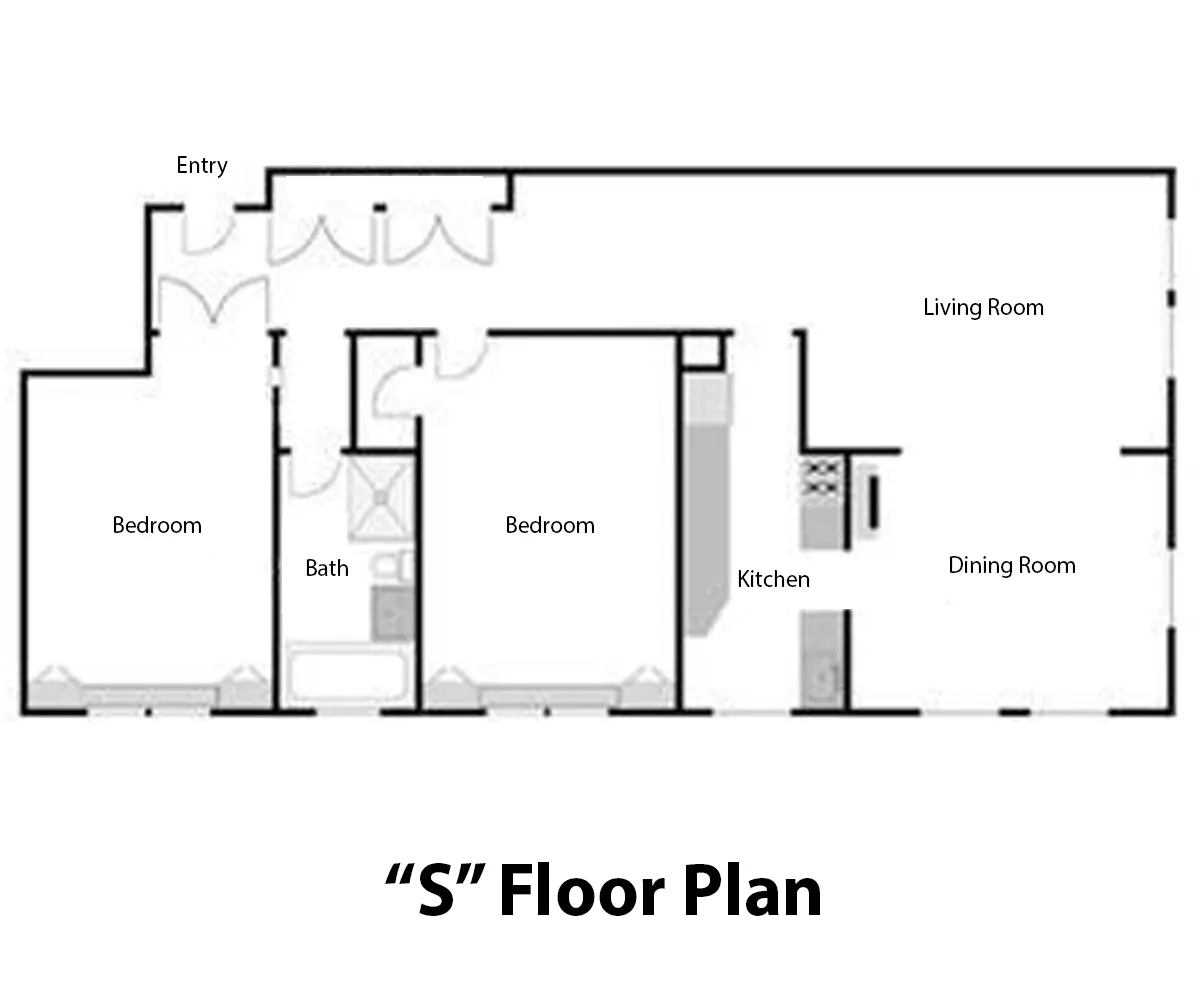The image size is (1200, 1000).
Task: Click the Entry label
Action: [202, 166]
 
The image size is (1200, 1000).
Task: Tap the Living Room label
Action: [983, 307]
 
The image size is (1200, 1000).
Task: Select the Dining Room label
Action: [1011, 566]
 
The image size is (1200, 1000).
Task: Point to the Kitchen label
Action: [773, 579]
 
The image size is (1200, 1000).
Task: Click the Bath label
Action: [326, 568]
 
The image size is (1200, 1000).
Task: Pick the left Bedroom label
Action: [157, 525]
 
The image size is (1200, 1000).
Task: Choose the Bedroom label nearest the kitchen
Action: [550, 525]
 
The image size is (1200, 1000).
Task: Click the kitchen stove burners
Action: [823, 478]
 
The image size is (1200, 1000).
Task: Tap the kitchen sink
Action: [824, 677]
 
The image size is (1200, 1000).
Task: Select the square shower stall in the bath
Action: [381, 497]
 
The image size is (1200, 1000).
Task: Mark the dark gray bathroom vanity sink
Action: [393, 613]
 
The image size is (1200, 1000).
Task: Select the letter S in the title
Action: [437, 893]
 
